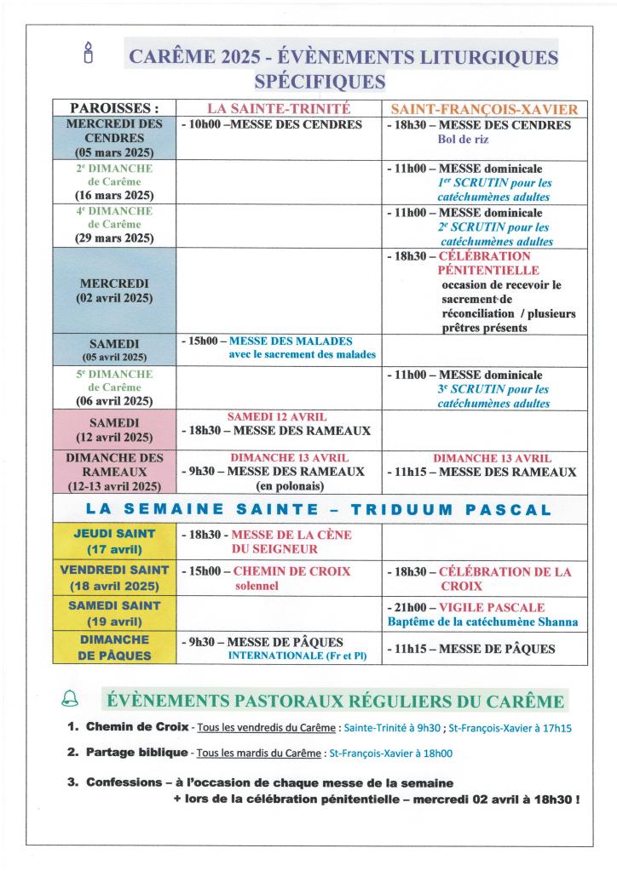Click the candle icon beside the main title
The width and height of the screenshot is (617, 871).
click(x=86, y=52)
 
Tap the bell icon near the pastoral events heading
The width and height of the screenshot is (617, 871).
click(x=69, y=700)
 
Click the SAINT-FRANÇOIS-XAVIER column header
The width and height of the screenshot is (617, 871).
click(x=484, y=109)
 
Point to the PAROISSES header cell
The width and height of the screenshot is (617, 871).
click(x=114, y=108)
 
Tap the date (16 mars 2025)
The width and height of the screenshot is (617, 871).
click(x=114, y=196)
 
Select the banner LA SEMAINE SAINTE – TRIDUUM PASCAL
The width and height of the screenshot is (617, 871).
click(x=320, y=510)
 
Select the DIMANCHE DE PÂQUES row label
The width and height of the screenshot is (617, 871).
click(x=114, y=647)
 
